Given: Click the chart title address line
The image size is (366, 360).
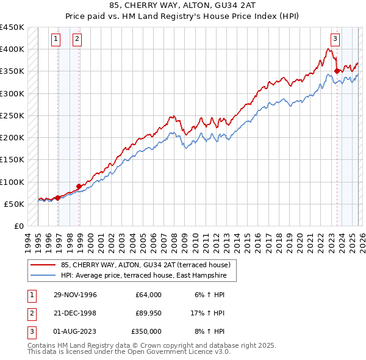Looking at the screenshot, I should [182, 6].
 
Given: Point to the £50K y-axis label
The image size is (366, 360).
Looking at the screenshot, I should [13, 204].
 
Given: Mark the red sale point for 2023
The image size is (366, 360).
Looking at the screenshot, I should [337, 71].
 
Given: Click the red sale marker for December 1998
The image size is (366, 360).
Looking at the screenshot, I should [79, 186].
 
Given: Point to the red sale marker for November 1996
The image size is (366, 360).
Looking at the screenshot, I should [58, 198].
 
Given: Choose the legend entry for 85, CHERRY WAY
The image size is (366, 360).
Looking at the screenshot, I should [145, 265].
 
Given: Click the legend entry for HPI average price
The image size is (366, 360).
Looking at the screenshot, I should [143, 276].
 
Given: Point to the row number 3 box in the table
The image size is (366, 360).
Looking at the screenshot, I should [30, 331].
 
